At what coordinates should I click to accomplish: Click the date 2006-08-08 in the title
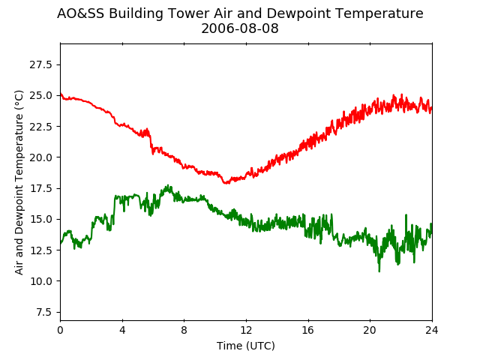pos(240,28)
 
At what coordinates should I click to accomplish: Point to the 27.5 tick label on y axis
pos(40,64)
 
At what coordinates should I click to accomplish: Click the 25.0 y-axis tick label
pos(40,95)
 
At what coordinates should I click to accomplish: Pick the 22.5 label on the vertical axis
pos(40,127)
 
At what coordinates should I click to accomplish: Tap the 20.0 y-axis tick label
pos(40,157)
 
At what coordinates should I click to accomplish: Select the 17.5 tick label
pos(40,188)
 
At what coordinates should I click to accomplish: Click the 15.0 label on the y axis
pos(40,219)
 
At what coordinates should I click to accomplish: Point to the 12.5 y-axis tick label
pos(40,250)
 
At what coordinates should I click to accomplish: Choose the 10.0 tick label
pos(40,281)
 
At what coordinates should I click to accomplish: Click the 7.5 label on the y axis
pos(44,312)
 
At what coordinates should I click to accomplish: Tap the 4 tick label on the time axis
pos(122,330)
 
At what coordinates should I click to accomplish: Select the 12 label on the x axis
pos(246,330)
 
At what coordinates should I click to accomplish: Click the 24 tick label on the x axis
pos(432,330)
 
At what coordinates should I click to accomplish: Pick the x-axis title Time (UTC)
pos(246,346)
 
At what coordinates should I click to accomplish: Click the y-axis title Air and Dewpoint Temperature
pos(19,182)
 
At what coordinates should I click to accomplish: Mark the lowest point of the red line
pos(226,183)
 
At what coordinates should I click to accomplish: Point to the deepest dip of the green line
pos(379,271)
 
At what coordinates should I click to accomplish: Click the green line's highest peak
pos(168,185)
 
